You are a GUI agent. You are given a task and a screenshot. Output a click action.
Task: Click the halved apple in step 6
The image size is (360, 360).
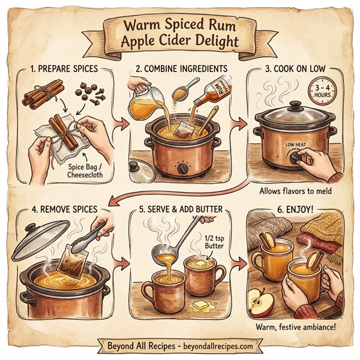point(262,303)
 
